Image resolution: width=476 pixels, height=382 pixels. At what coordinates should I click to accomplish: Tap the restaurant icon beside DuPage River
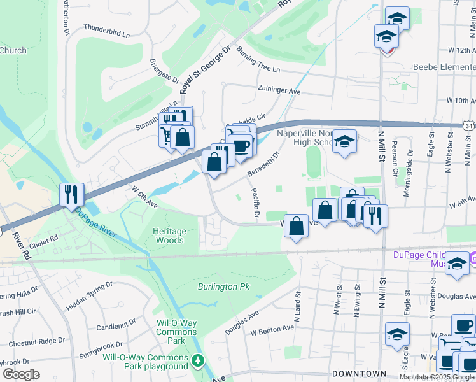[x=71, y=194]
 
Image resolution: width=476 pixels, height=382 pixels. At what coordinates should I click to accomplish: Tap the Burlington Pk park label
[x=223, y=287]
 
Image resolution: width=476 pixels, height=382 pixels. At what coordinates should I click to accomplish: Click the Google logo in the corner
[x=20, y=374]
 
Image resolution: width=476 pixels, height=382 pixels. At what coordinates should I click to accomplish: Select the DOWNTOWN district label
[x=359, y=373]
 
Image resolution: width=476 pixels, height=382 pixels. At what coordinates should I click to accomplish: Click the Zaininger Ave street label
[x=278, y=91]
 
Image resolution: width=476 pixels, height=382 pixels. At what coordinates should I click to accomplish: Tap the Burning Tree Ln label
[x=258, y=59]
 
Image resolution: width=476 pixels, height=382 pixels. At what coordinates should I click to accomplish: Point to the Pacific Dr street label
[x=255, y=203]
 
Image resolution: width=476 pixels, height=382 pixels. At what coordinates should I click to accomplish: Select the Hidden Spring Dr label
[x=90, y=296]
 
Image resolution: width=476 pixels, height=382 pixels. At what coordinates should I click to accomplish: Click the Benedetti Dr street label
[x=264, y=164]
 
